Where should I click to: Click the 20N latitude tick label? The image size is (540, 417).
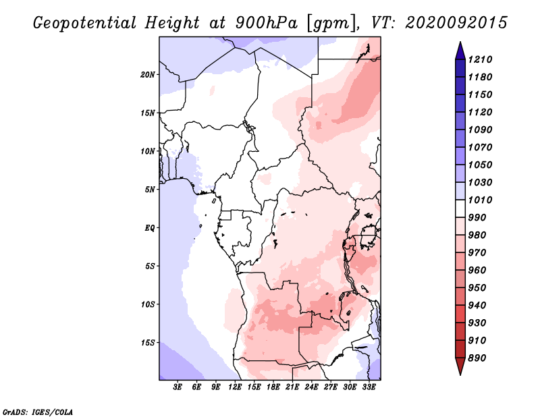coord(148,75)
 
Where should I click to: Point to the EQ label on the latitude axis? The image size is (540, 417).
coord(150,228)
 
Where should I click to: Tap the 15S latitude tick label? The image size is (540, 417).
coord(148,343)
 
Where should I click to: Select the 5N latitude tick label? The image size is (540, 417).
coord(150,190)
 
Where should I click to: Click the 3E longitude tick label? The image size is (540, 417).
coord(178,387)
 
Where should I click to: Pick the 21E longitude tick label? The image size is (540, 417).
coord(292,387)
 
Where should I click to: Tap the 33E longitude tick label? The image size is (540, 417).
coord(369,387)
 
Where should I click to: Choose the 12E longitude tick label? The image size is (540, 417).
coord(234,387)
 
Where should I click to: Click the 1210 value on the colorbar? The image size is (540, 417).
coord(480,59)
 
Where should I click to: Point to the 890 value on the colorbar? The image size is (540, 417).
coord(477,358)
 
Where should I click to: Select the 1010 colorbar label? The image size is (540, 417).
coord(480,200)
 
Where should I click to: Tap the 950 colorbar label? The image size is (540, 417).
coord(477,288)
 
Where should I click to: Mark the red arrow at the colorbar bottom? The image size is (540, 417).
coord(460,366)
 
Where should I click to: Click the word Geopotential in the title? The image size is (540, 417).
coord(85,23)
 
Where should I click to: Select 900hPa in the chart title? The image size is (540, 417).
coord(266,23)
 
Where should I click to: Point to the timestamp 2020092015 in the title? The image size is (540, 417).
coord(456,23)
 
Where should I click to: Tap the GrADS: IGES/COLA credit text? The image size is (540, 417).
coord(38,412)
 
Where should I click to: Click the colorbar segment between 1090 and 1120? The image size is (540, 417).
coord(460,121)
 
